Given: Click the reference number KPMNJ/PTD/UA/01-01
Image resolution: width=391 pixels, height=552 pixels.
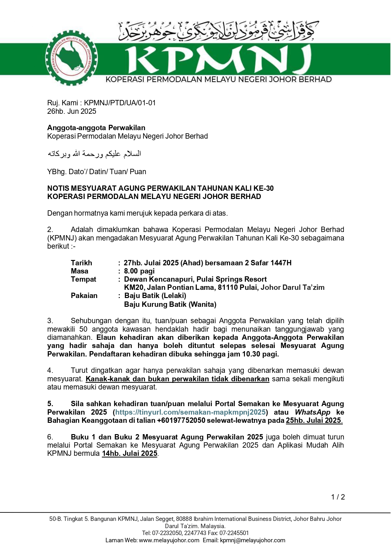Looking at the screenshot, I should [120, 103].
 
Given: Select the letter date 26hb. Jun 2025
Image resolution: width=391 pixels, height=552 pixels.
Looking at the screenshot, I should [72, 111].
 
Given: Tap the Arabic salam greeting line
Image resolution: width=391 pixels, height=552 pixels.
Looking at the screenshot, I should [94, 154].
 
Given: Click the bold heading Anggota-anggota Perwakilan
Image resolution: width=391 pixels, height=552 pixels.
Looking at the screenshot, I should [96, 128].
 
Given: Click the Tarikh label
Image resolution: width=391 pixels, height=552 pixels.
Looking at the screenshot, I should [82, 263].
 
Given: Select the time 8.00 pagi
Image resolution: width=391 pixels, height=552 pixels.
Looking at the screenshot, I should [139, 271].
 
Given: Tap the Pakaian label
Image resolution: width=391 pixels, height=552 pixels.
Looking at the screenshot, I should [84, 295].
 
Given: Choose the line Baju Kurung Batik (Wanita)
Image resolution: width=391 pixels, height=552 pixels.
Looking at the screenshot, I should [170, 304].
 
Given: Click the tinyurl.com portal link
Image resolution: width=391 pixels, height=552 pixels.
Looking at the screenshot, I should [190, 412].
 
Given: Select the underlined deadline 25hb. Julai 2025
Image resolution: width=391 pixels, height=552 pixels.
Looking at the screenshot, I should [314, 421].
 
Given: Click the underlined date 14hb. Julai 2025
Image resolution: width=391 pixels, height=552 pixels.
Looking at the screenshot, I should [129, 454].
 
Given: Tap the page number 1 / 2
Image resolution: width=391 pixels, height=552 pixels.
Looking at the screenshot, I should [338, 497].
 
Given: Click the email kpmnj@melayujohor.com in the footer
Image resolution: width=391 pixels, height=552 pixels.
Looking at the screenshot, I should [252, 540].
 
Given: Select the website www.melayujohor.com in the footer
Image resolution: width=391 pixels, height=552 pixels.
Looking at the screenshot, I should [169, 540].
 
